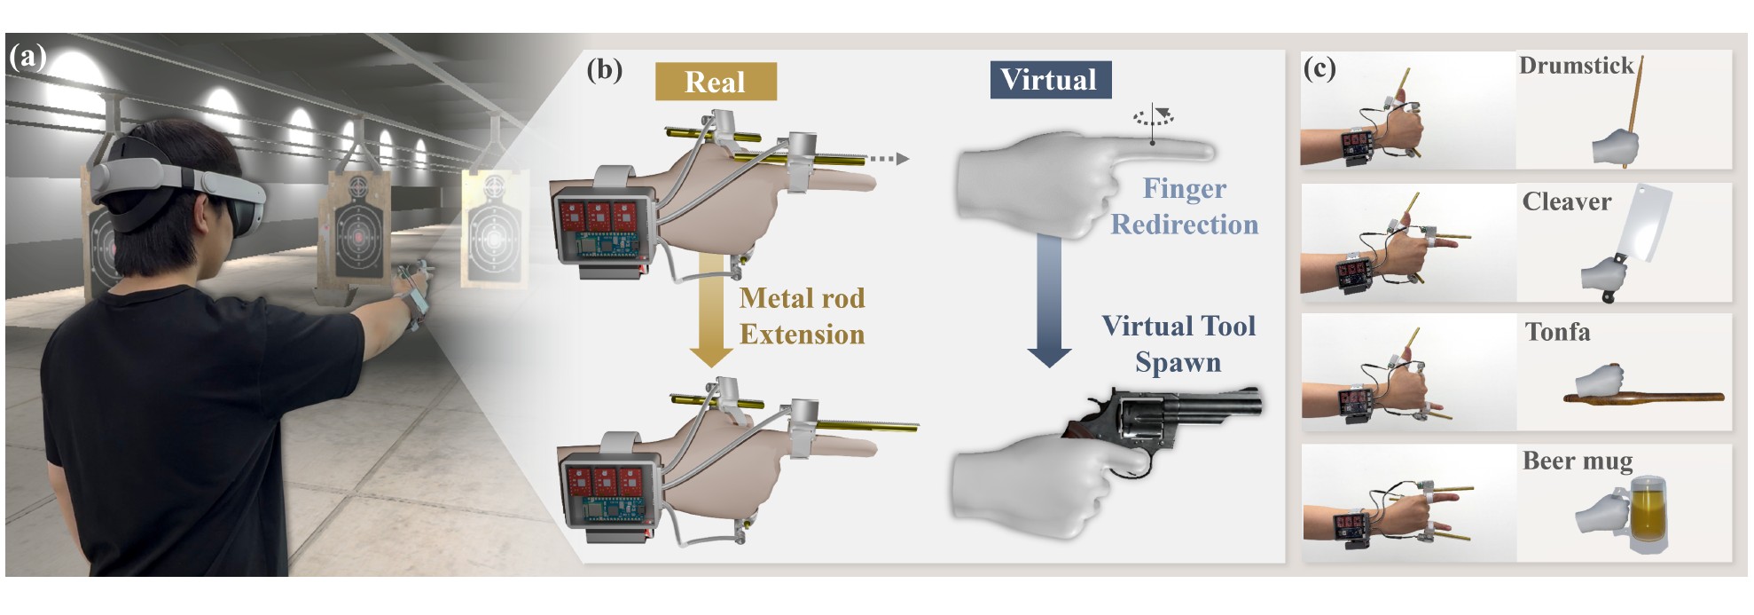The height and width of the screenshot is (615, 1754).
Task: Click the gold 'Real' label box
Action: [x=715, y=82]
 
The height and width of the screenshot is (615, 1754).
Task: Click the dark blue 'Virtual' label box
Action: [x=1050, y=80]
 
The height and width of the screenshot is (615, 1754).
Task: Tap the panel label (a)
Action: [x=27, y=57]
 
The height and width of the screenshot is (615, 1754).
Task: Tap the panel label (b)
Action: [x=604, y=69]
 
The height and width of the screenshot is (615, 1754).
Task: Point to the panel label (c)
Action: [x=1319, y=67]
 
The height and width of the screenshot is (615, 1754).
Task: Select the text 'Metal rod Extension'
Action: [x=802, y=316]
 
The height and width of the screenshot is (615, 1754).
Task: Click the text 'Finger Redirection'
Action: [x=1185, y=206]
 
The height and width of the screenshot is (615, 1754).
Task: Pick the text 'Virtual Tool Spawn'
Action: [x=1178, y=343]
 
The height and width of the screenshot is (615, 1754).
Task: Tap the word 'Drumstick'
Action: [x=1576, y=66]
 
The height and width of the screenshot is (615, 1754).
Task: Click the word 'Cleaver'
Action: [x=1566, y=201]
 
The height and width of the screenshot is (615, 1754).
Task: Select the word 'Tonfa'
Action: [x=1557, y=332]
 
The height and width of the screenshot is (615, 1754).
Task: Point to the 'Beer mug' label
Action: [x=1577, y=461]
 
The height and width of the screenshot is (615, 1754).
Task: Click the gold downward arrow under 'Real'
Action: [x=710, y=311]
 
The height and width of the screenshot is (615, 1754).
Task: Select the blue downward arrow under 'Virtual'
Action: [x=1049, y=302]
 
